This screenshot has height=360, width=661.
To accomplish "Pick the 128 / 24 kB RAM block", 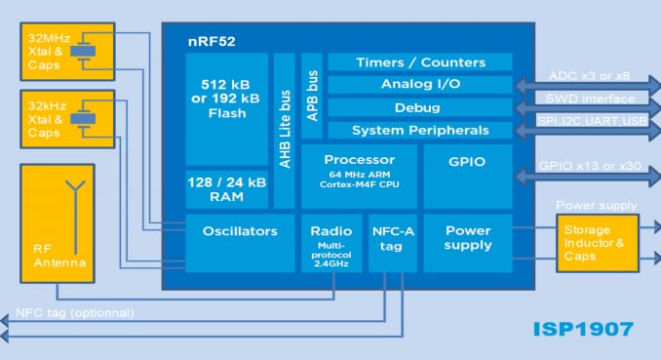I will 227,189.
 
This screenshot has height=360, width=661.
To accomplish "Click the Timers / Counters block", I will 420,62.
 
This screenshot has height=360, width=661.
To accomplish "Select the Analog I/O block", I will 420,85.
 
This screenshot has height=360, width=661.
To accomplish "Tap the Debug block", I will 420,107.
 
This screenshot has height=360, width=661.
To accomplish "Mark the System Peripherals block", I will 420,130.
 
